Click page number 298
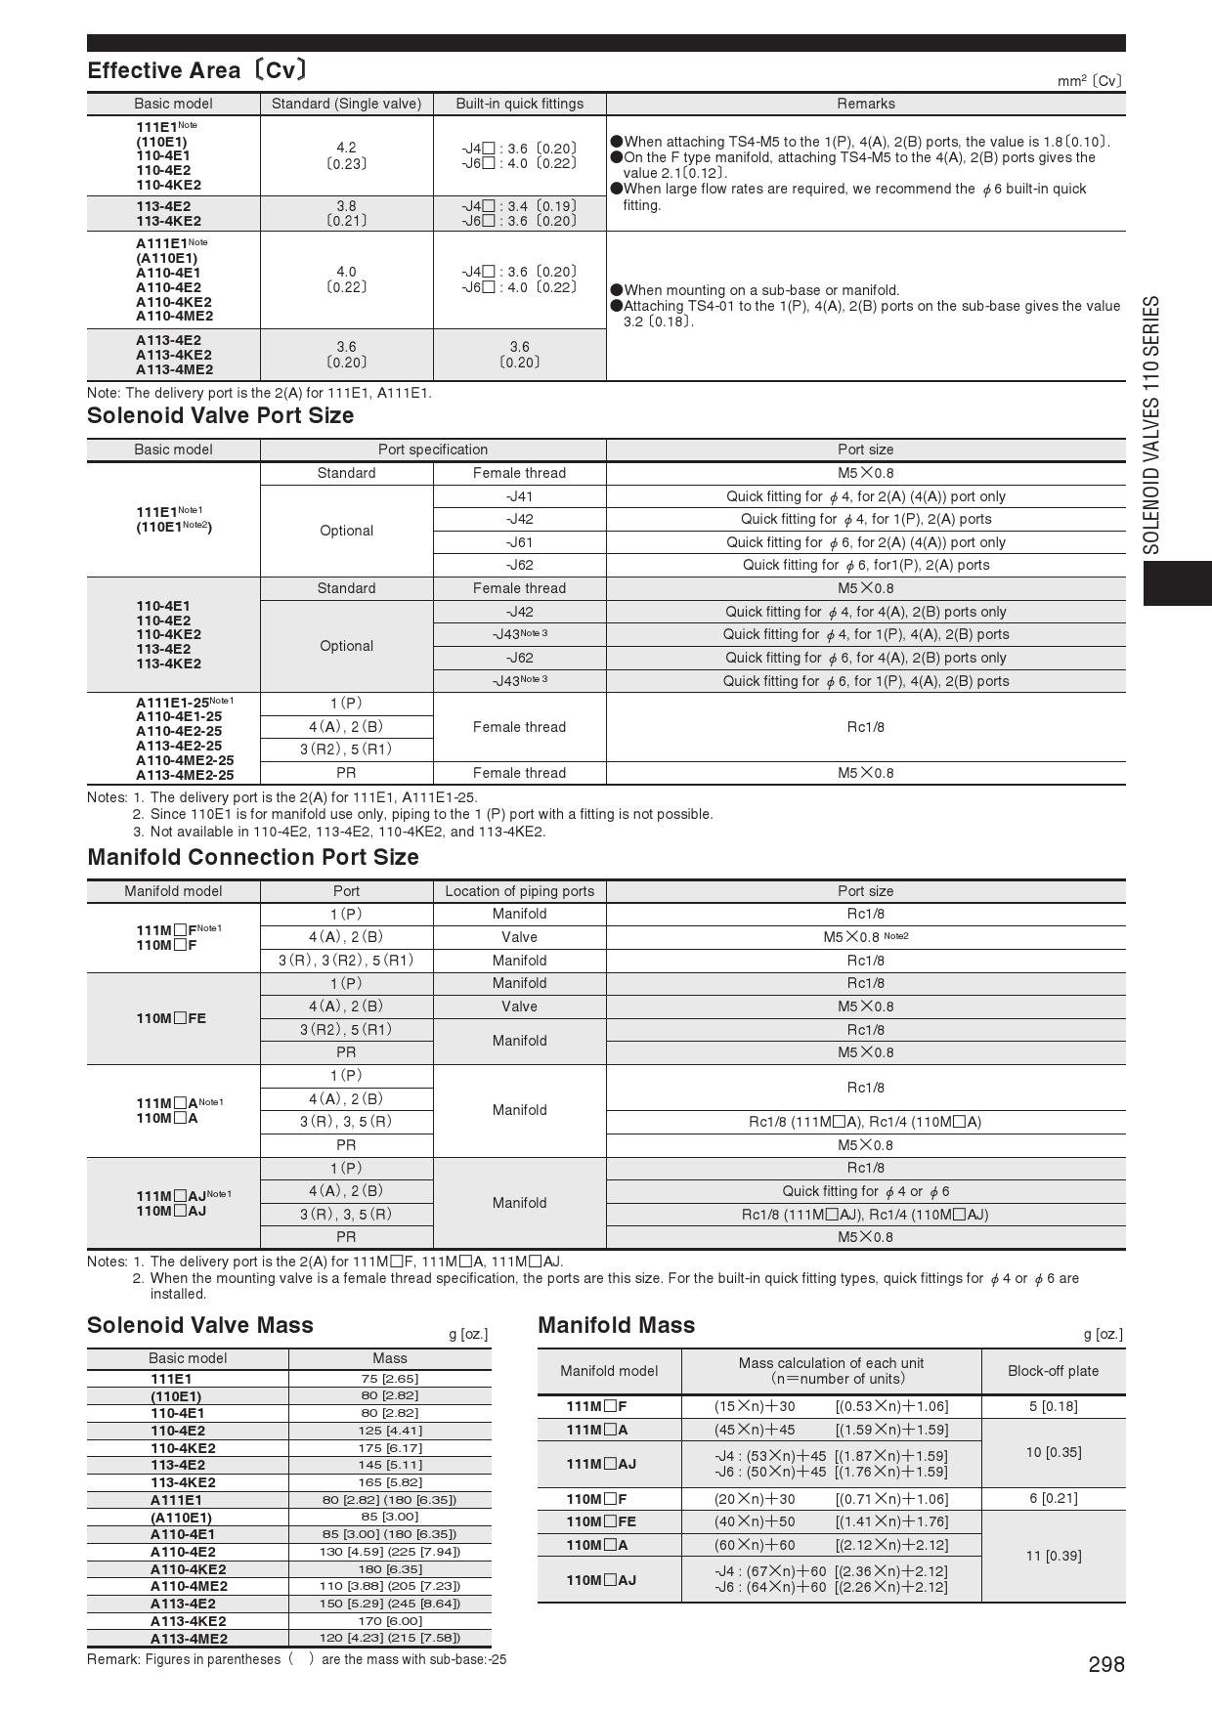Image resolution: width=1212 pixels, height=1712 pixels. point(1106,1664)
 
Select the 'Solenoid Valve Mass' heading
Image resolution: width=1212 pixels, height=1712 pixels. point(200,1325)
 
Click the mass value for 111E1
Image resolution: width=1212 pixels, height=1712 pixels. point(389,1379)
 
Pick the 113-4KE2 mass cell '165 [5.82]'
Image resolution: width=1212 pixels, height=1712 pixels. point(389,1482)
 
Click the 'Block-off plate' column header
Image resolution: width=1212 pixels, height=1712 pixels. point(1053,1371)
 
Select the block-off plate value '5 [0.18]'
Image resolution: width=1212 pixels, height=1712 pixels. point(1053,1406)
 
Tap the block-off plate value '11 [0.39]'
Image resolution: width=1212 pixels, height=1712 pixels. point(1053,1556)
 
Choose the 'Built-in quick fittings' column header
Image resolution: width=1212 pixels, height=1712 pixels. point(519,104)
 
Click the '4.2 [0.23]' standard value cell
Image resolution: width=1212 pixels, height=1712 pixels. point(346,155)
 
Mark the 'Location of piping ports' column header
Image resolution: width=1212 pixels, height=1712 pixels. point(519,891)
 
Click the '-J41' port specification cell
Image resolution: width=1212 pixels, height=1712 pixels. point(519,496)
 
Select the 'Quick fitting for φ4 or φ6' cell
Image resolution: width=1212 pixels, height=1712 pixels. point(865,1191)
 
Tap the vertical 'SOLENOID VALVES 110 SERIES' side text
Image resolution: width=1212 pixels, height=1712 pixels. point(1153,424)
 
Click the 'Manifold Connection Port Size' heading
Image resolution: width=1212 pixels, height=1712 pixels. point(253,857)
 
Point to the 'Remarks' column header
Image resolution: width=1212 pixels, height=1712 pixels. point(865,104)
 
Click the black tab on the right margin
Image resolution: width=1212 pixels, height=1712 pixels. point(1177,583)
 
